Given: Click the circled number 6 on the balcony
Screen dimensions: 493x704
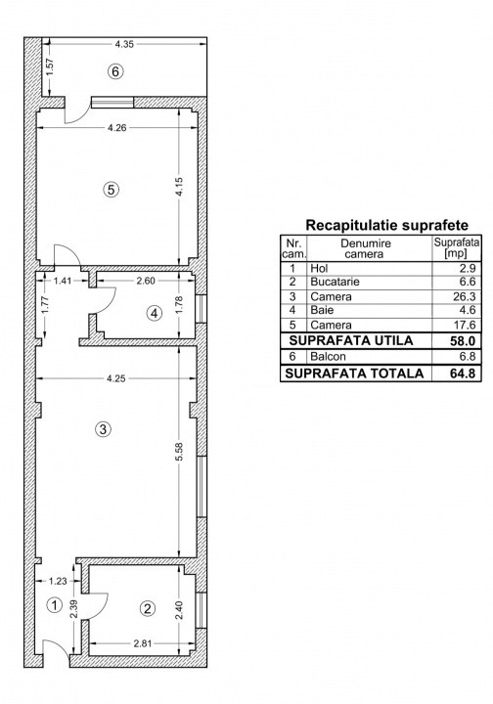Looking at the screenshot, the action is pyautogui.click(x=115, y=71).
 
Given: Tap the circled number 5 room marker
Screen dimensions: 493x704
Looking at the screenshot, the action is pyautogui.click(x=111, y=190).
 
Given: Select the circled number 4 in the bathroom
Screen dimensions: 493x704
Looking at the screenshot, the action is pyautogui.click(x=155, y=313).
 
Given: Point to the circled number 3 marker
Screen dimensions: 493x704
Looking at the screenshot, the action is pyautogui.click(x=104, y=429).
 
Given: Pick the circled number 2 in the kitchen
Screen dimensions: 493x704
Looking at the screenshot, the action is pyautogui.click(x=148, y=609).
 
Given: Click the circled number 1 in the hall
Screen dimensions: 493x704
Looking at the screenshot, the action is pyautogui.click(x=55, y=605).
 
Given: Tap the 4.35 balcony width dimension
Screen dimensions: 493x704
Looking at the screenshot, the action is pyautogui.click(x=124, y=44).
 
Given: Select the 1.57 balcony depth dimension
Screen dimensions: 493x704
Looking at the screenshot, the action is pyautogui.click(x=49, y=66).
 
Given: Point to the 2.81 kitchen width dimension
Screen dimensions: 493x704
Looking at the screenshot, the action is pyautogui.click(x=143, y=643).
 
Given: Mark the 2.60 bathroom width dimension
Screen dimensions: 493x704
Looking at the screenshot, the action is pyautogui.click(x=146, y=281).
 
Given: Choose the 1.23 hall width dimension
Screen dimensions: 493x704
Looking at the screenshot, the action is pyautogui.click(x=58, y=581).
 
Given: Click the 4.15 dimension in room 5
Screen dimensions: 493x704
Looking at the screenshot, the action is pyautogui.click(x=179, y=187).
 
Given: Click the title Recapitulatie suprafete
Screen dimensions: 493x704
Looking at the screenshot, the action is pyautogui.click(x=386, y=225).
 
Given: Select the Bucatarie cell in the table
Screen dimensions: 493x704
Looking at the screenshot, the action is pyautogui.click(x=335, y=282).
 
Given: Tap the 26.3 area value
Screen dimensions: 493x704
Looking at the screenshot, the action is pyautogui.click(x=466, y=297).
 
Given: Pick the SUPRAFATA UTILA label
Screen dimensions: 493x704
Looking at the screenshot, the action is pyautogui.click(x=351, y=341).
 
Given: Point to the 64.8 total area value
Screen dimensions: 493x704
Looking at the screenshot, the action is pyautogui.click(x=463, y=374).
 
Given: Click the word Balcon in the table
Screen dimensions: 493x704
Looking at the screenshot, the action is pyautogui.click(x=329, y=357).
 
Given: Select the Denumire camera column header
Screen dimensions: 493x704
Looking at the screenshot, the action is pyautogui.click(x=366, y=248).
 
